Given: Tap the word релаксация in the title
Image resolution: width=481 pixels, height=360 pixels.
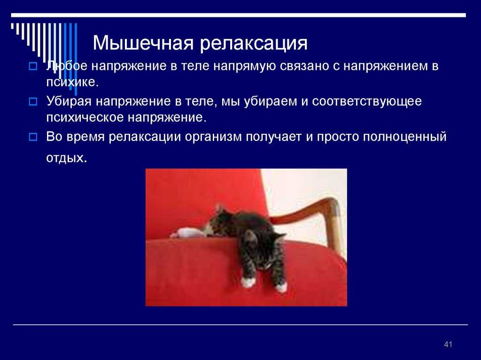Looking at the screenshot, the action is pos(254,44).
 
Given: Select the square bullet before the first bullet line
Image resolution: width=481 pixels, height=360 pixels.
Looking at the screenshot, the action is pos(33,66).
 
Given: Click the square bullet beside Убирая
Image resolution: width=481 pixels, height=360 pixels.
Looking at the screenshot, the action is pos(33,101).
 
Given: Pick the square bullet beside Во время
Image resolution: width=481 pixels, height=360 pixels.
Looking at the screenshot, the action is pos(33,137).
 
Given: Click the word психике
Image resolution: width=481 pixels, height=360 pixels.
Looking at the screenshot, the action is pos(72,82).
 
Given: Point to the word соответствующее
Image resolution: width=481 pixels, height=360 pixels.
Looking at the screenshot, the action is pos(367,101).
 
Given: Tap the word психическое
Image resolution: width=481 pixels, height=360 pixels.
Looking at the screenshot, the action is pos(85,117).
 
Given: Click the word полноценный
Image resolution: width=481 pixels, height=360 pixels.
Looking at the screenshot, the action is pos(404,137).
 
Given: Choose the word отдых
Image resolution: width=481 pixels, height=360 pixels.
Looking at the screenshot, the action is pos(67,158).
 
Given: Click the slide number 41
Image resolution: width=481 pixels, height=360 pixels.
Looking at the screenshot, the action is pos(448,345).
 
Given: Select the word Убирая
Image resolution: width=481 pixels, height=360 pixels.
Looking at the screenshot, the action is pos(69,101).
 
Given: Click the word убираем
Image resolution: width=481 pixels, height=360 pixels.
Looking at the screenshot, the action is pos(271,101).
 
